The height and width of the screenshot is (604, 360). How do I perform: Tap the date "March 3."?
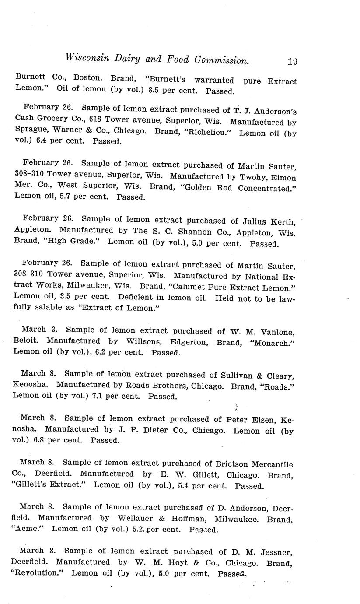38,330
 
